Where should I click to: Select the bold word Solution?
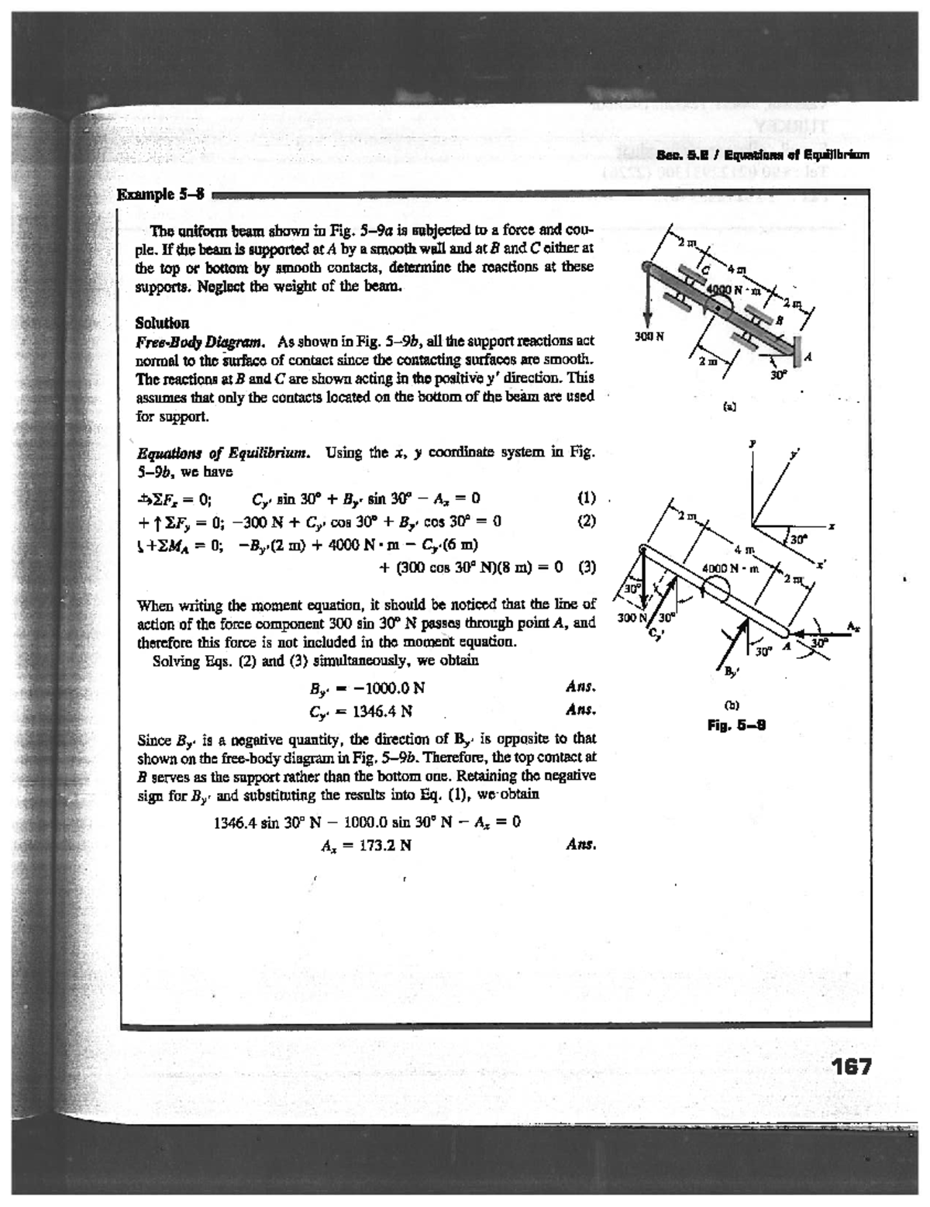[x=162, y=322]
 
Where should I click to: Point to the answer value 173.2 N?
[x=380, y=846]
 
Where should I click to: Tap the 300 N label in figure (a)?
[x=646, y=338]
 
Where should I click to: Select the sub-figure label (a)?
[x=729, y=405]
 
